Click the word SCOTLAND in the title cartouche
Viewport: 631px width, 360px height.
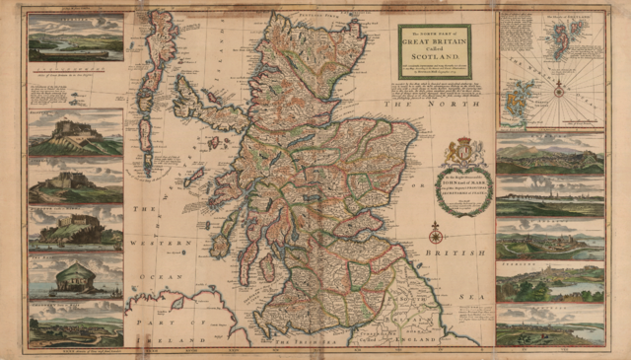(x=435, y=57)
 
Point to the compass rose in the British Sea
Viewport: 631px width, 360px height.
(x=435, y=234)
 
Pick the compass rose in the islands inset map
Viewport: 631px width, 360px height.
(x=559, y=90)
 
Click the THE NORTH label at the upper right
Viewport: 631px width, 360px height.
(x=434, y=102)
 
